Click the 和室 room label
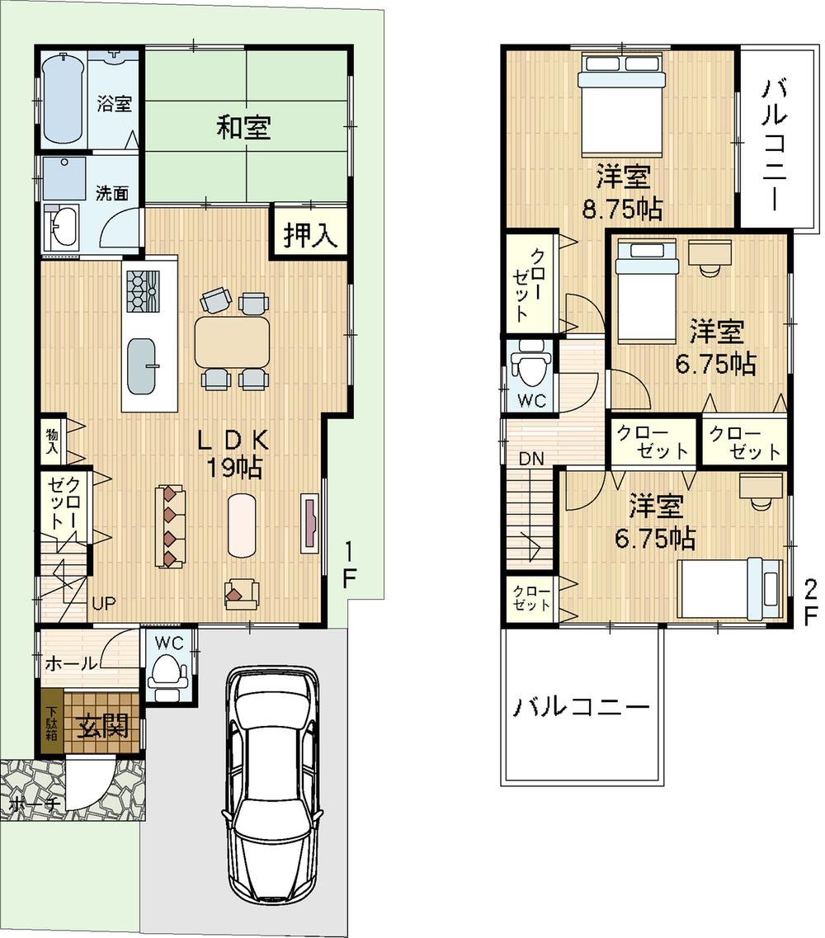pyautogui.click(x=244, y=128)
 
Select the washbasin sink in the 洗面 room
pyautogui.click(x=61, y=227)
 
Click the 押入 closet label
pyautogui.click(x=310, y=237)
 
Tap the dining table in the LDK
pyautogui.click(x=233, y=342)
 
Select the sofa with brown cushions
pyautogui.click(x=171, y=526)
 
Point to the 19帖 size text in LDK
pyautogui.click(x=234, y=469)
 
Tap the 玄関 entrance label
pyautogui.click(x=103, y=726)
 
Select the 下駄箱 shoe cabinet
pyautogui.click(x=51, y=723)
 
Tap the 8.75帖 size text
pyautogui.click(x=621, y=210)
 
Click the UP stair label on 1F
pyautogui.click(x=104, y=604)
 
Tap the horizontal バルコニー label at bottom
pyautogui.click(x=581, y=707)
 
